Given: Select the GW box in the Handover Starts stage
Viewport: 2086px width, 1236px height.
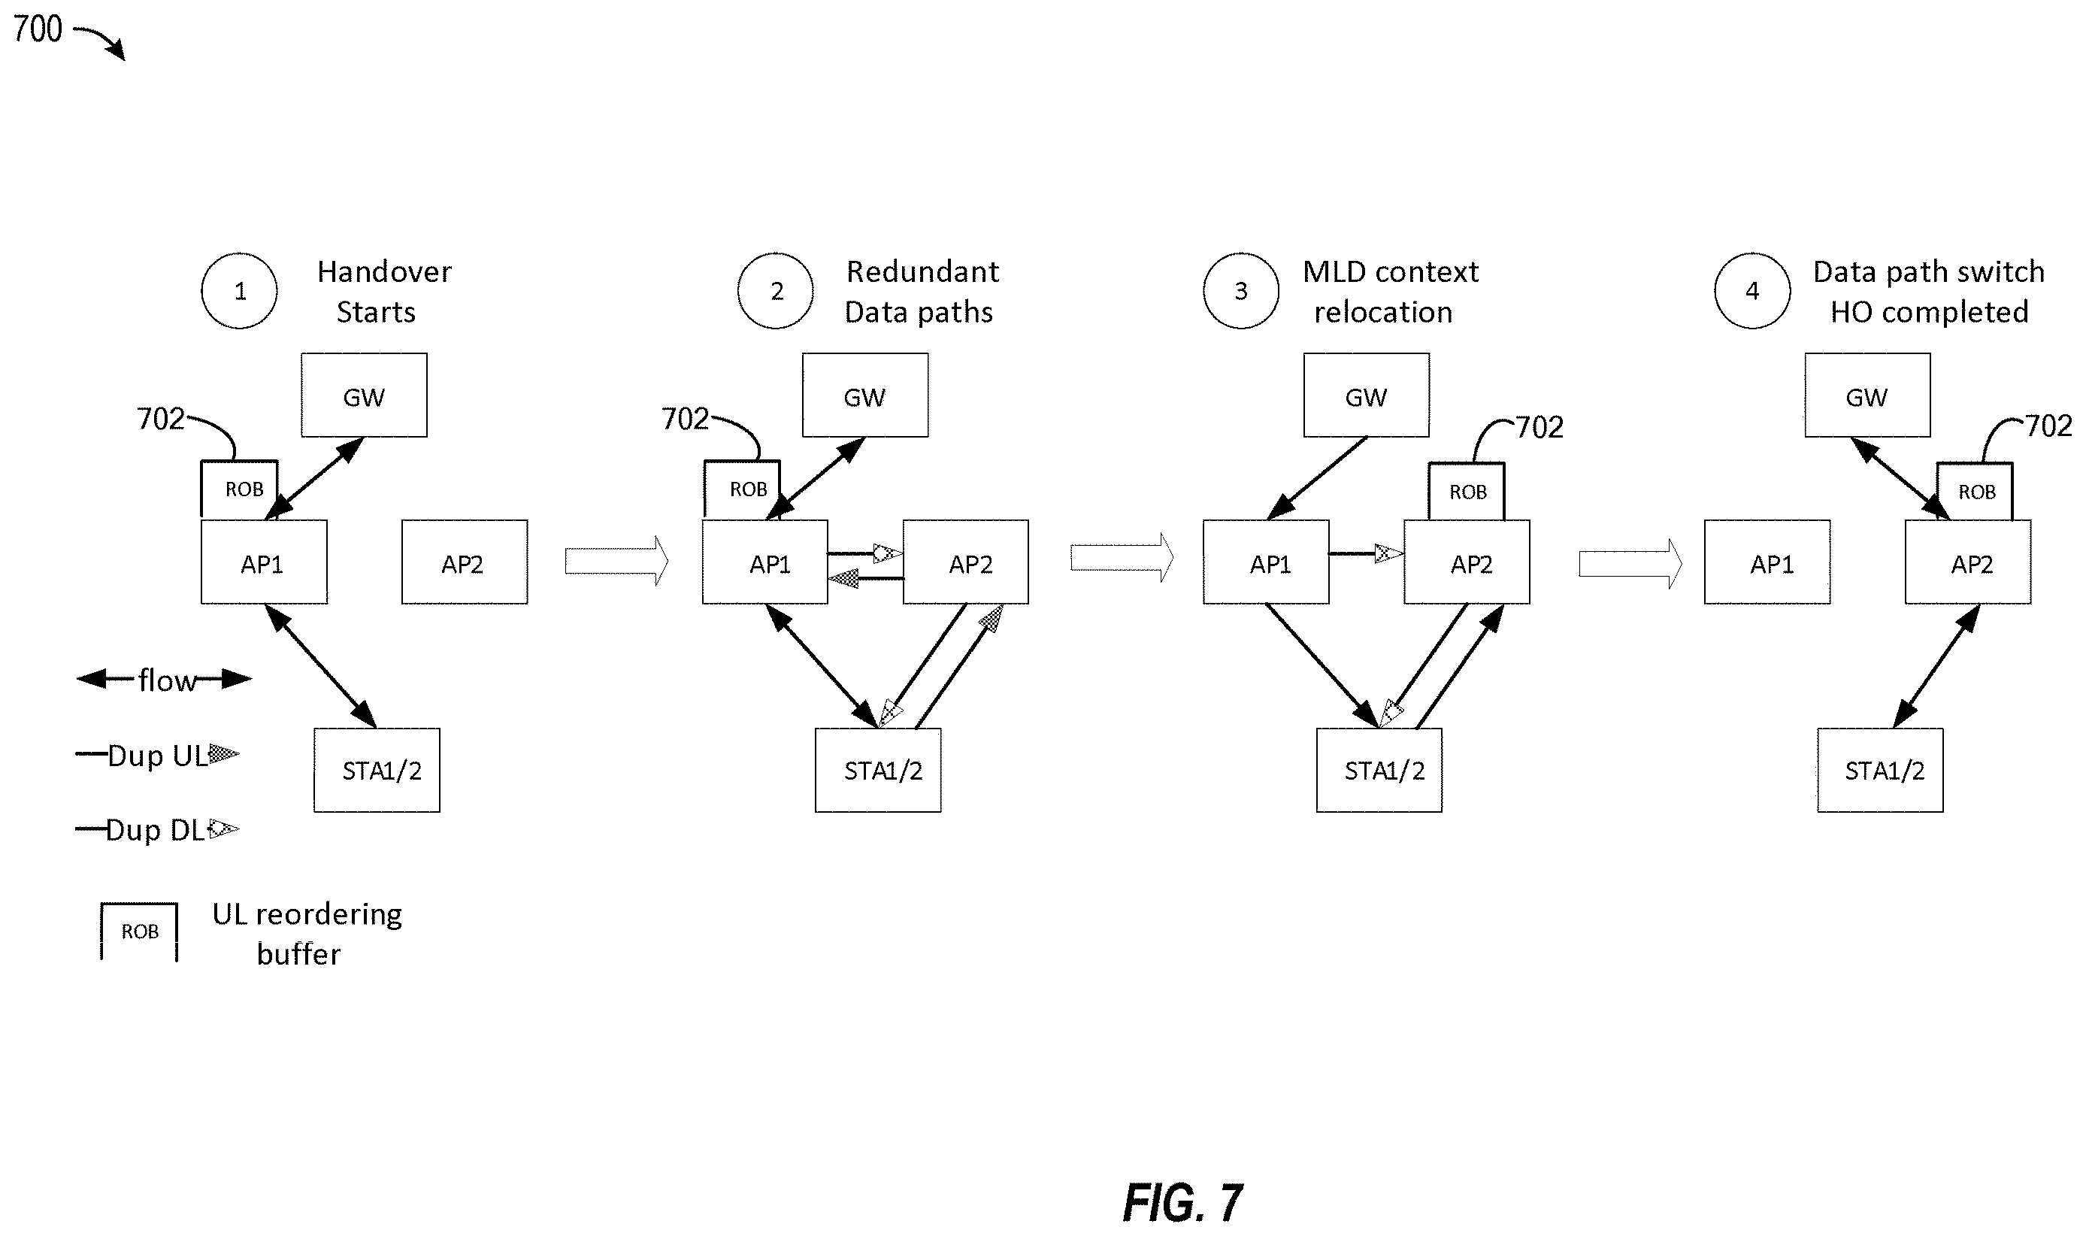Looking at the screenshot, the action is [x=364, y=395].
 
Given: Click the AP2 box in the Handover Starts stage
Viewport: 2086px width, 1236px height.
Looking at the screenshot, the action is [x=465, y=562].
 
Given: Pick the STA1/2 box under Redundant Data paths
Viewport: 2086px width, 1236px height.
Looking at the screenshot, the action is [x=878, y=771].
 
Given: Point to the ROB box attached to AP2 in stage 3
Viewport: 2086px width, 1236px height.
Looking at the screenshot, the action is [x=1467, y=492].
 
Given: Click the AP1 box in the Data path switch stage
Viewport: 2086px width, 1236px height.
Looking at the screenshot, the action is [x=1767, y=562].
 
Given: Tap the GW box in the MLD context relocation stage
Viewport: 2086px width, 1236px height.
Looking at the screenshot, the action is [x=1367, y=395].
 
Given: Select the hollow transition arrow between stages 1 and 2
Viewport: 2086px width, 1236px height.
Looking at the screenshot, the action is [x=616, y=562].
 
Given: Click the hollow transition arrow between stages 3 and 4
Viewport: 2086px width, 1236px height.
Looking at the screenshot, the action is [x=1630, y=564].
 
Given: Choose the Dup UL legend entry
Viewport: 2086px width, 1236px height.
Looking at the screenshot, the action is [x=157, y=756].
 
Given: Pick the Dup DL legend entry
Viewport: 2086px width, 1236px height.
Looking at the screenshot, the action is [x=157, y=829].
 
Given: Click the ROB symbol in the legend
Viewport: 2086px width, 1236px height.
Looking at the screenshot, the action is [x=139, y=932].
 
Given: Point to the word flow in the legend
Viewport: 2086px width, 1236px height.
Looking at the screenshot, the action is [x=168, y=680].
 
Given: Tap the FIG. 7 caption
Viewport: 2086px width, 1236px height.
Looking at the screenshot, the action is [x=1182, y=1203].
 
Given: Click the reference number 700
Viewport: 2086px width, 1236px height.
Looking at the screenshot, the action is [x=38, y=29].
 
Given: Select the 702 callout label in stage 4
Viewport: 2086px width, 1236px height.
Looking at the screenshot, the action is [x=2048, y=426].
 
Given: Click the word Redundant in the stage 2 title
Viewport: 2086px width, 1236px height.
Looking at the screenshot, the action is [x=922, y=271].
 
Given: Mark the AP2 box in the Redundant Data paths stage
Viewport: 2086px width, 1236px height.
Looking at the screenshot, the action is [x=966, y=562].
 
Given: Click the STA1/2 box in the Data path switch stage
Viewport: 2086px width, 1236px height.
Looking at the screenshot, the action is [x=1880, y=771].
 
